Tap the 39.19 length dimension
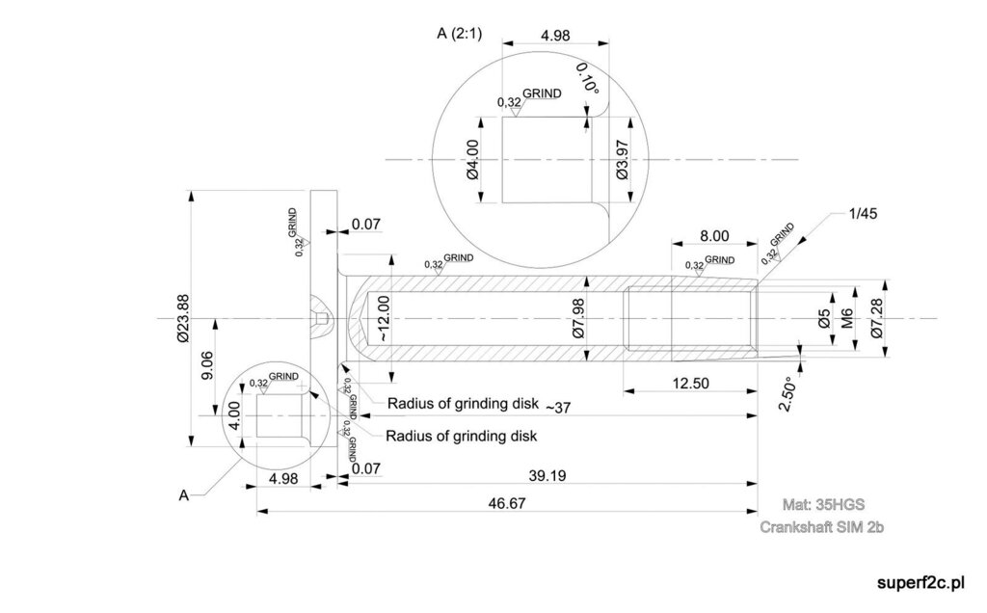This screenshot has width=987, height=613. tap(546, 475)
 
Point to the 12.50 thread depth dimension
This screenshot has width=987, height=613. tap(689, 383)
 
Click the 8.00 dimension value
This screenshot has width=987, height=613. tap(713, 235)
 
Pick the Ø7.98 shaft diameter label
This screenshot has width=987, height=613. tap(578, 318)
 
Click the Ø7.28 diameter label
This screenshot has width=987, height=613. tap(875, 318)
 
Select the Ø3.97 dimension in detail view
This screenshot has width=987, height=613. tap(621, 160)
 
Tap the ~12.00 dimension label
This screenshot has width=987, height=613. tap(383, 319)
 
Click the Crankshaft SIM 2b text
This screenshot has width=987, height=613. tap(821, 527)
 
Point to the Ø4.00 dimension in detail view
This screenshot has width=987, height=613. tap(471, 160)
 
